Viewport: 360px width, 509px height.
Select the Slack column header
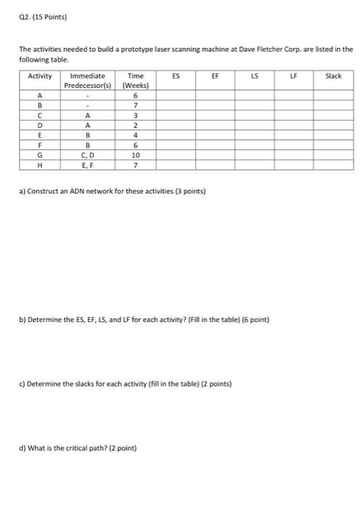click(333, 76)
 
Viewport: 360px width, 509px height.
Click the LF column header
click(294, 76)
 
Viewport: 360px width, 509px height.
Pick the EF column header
click(215, 76)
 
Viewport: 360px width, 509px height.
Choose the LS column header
click(255, 76)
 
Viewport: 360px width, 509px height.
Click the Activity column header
click(40, 76)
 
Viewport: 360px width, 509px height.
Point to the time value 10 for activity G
click(135, 155)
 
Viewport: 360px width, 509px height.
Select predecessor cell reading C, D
click(87, 155)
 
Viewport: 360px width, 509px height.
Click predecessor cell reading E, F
click(87, 165)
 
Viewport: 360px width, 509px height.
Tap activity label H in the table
click(40, 165)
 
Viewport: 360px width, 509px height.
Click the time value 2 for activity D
click(135, 124)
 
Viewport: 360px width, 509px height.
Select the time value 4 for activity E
click(135, 135)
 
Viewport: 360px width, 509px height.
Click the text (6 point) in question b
click(255, 319)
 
